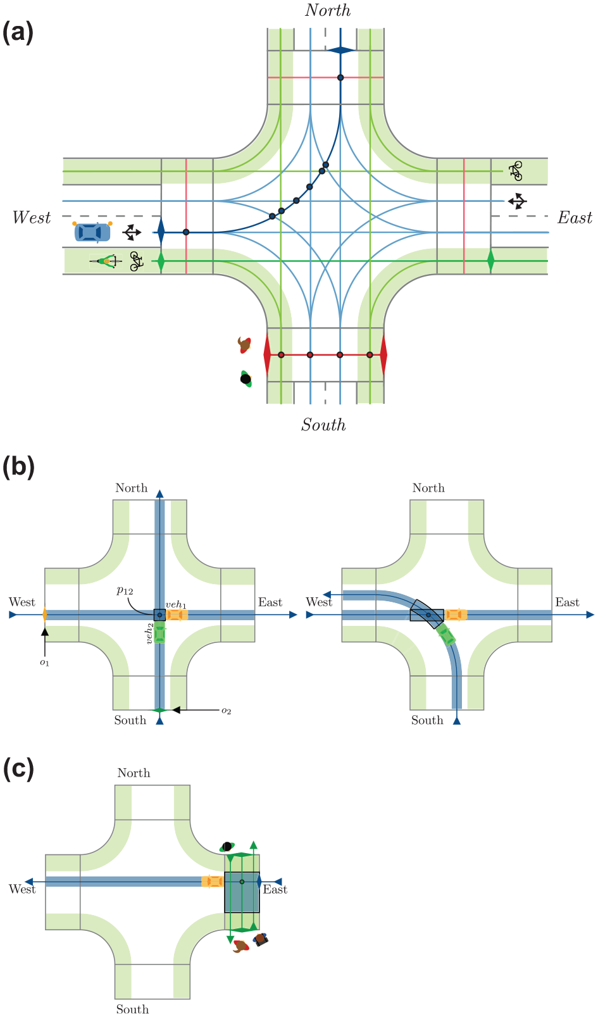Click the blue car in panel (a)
pyautogui.click(x=92, y=232)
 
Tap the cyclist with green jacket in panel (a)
pyautogui.click(x=106, y=261)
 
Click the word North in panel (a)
pyautogui.click(x=328, y=10)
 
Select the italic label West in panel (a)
pyautogui.click(x=32, y=217)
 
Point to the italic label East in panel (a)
pyautogui.click(x=575, y=218)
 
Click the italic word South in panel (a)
pyautogui.click(x=323, y=425)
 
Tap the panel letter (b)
pyautogui.click(x=18, y=466)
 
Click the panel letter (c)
pyautogui.click(x=18, y=769)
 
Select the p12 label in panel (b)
pyautogui.click(x=125, y=590)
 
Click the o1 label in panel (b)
pyautogui.click(x=44, y=663)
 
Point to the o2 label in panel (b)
pyautogui.click(x=226, y=711)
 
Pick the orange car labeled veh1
pyautogui.click(x=177, y=615)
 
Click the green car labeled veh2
pyautogui.click(x=159, y=632)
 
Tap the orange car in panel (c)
pyautogui.click(x=213, y=881)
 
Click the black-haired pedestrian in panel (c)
pyautogui.click(x=227, y=847)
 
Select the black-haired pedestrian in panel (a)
pyautogui.click(x=246, y=378)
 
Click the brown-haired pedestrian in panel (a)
pyautogui.click(x=245, y=345)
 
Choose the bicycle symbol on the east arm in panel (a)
pyautogui.click(x=516, y=171)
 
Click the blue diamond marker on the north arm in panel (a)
pyautogui.click(x=340, y=51)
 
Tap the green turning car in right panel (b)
pyautogui.click(x=447, y=634)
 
